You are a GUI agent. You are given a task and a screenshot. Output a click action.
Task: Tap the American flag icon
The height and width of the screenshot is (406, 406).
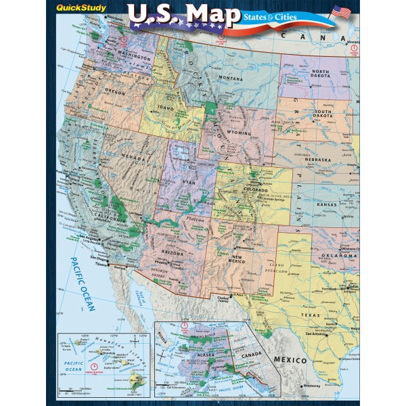342,12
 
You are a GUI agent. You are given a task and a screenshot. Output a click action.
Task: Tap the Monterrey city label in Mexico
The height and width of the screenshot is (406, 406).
295,384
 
